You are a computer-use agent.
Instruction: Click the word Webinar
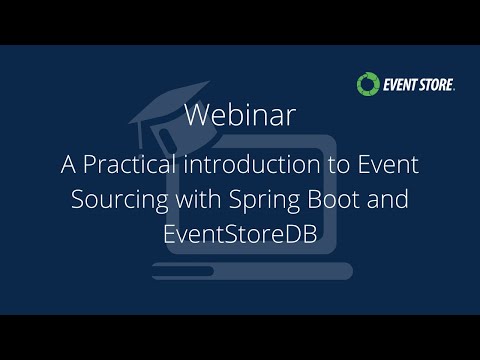tap(239, 115)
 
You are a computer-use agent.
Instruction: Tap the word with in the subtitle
tap(193, 197)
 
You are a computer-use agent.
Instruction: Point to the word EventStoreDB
tap(239, 229)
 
